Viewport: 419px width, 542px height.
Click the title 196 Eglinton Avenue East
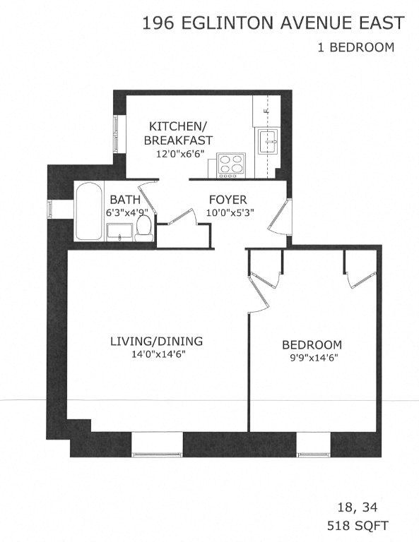pyautogui.click(x=273, y=23)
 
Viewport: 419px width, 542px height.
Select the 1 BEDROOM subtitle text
pyautogui.click(x=355, y=48)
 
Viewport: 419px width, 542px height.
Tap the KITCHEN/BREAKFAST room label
pyautogui.click(x=177, y=133)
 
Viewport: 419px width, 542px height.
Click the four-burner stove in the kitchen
pyautogui.click(x=230, y=164)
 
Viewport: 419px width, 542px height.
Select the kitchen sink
pyautogui.click(x=268, y=141)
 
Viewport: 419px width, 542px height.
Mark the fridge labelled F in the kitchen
pyautogui.click(x=266, y=111)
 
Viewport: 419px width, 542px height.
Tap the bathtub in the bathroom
pyautogui.click(x=89, y=211)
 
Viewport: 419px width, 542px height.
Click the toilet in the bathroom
pyautogui.click(x=144, y=228)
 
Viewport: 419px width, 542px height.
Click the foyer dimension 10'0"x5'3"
pyautogui.click(x=228, y=212)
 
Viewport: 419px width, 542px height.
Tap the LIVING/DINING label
pyautogui.click(x=156, y=342)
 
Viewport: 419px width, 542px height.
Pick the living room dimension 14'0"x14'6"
pyautogui.click(x=156, y=354)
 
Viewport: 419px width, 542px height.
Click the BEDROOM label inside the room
pyautogui.click(x=312, y=345)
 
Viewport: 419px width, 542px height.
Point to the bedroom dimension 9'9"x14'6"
pyautogui.click(x=312, y=358)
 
